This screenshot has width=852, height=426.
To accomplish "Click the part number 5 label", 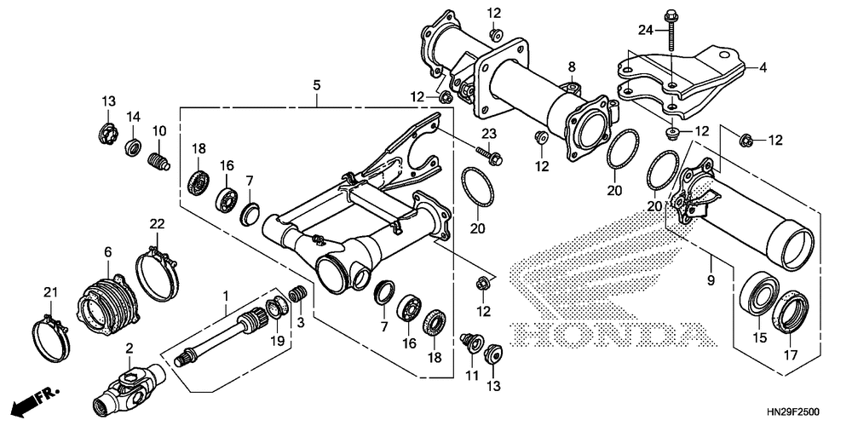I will coord(317,85).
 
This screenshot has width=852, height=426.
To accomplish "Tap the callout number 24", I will coord(647,32).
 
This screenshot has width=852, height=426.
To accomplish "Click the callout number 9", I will coord(711,279).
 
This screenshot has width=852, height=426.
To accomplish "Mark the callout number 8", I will coord(572,66).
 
